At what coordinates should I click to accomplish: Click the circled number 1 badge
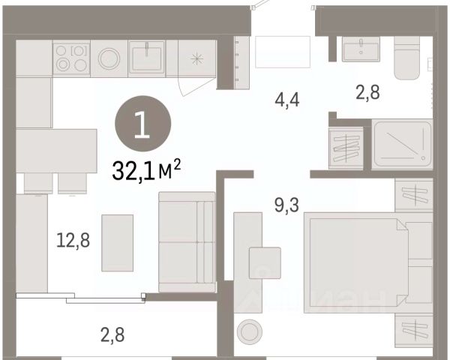143,124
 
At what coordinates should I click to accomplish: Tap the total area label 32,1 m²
147,171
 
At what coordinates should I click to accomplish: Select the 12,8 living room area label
73,240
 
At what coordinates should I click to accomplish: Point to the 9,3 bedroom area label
286,205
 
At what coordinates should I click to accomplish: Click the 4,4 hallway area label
287,100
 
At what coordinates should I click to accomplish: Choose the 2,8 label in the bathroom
367,92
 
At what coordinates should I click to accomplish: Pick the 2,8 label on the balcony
112,335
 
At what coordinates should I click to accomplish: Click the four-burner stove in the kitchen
71,58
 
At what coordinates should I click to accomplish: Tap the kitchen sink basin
147,58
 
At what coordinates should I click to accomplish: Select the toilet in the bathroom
406,58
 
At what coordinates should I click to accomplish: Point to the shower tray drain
423,158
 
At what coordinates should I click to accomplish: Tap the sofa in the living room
187,242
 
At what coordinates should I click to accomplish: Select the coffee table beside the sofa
118,243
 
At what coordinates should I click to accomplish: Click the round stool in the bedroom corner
250,332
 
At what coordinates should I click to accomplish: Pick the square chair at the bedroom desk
265,263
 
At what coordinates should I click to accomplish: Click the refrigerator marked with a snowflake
196,58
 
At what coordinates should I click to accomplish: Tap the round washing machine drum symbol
109,58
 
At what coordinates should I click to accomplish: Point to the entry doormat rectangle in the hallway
283,52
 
